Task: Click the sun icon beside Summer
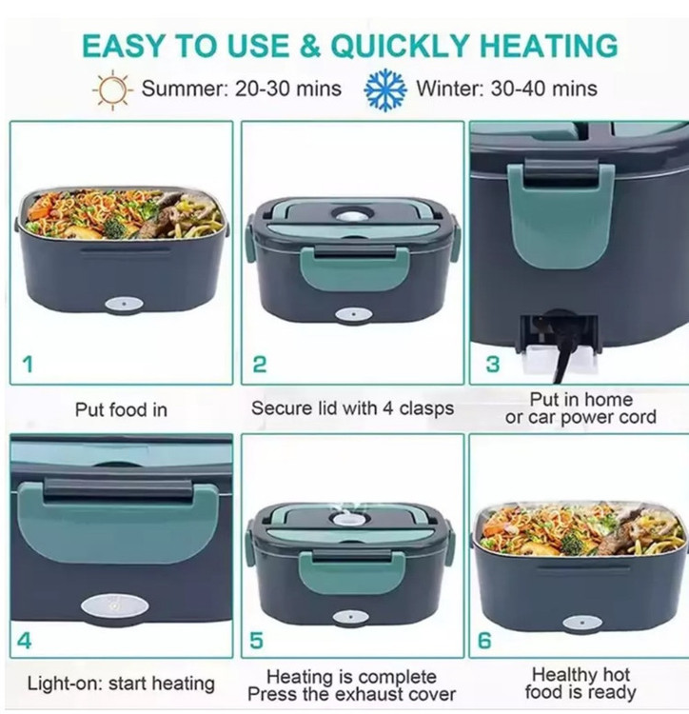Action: [x=112, y=89]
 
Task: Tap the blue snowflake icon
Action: [x=385, y=89]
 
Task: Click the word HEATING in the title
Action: [x=549, y=46]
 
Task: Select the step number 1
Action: [x=29, y=365]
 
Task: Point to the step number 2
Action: [x=260, y=365]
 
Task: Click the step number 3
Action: [x=492, y=365]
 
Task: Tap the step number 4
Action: [x=24, y=641]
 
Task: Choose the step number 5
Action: [x=256, y=641]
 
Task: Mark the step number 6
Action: [x=484, y=641]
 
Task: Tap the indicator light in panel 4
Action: [x=115, y=606]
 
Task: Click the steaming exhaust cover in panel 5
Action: [x=345, y=518]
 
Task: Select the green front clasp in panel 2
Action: [x=354, y=268]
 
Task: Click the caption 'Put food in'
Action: [x=121, y=409]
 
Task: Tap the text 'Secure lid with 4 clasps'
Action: [x=353, y=408]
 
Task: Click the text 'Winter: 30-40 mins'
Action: [x=507, y=88]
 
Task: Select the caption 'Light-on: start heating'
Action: [x=121, y=684]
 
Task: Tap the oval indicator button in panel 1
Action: [x=124, y=305]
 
